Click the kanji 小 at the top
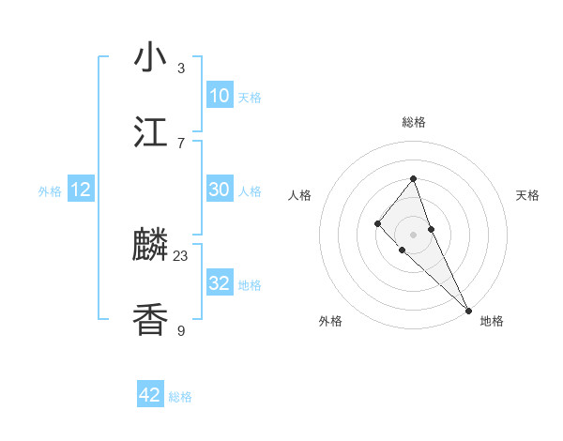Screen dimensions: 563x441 click(x=150, y=57)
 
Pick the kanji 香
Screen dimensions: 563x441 click(x=150, y=319)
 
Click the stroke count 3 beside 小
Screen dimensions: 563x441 click(x=181, y=68)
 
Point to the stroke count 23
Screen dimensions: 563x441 click(x=181, y=255)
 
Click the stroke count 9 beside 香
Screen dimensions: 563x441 click(x=181, y=329)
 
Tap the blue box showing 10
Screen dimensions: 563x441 click(x=219, y=96)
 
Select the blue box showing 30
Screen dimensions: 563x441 click(x=219, y=190)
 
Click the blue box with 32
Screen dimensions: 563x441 click(x=219, y=283)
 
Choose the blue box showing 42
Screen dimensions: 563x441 click(x=150, y=395)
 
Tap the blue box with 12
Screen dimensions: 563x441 click(x=81, y=190)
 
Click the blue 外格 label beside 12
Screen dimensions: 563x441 click(x=50, y=191)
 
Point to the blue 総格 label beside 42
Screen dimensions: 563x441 click(x=180, y=397)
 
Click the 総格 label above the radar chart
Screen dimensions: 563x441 click(x=413, y=122)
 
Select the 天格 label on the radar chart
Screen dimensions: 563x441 click(x=527, y=195)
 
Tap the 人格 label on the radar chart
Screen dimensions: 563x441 click(x=299, y=195)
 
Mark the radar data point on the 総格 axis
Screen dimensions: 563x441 click(x=413, y=178)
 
